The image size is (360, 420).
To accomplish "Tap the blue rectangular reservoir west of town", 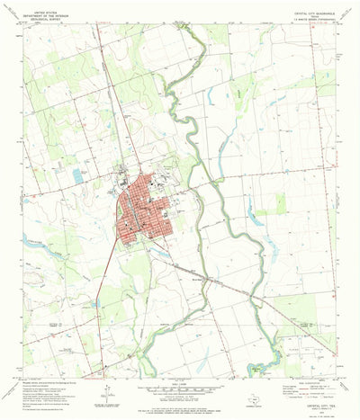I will (76, 176).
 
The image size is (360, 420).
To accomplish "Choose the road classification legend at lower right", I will (310, 363).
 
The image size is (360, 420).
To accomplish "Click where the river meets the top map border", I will (189, 26).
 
